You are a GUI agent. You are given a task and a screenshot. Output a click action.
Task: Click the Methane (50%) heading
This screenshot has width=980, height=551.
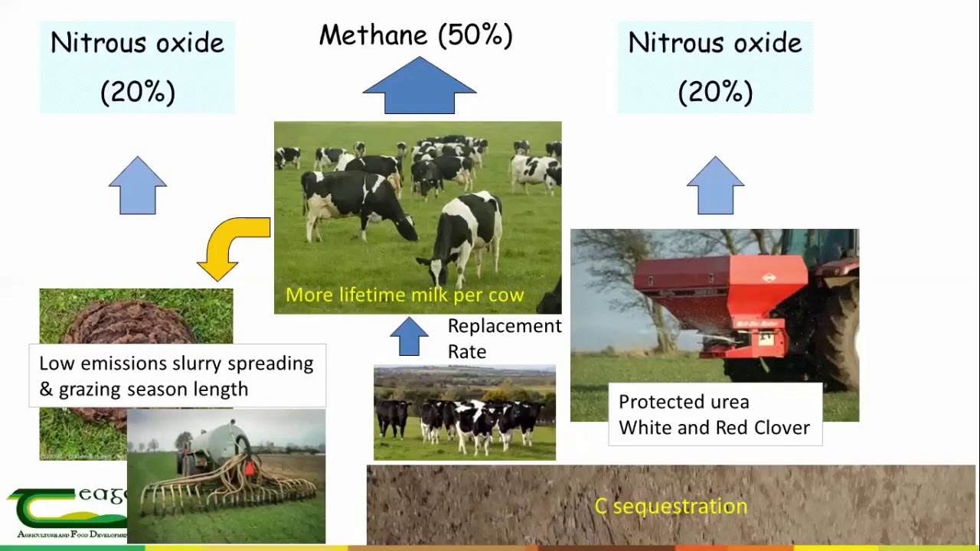pos(416,35)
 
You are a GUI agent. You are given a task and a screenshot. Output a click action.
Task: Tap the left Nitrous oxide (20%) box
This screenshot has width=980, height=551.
pos(138,67)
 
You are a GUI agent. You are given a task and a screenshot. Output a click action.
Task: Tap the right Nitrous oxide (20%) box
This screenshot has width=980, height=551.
pos(715,67)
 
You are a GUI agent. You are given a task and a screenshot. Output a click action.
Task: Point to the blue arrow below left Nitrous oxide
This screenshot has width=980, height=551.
pos(138,186)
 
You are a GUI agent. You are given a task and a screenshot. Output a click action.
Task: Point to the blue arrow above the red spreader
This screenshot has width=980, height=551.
pos(715,186)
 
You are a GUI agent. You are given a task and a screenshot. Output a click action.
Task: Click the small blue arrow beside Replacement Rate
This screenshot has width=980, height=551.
pos(409,337)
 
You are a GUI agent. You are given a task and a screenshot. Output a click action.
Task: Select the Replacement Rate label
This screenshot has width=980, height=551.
pos(504,338)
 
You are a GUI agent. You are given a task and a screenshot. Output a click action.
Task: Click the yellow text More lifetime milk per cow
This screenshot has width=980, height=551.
pos(404,295)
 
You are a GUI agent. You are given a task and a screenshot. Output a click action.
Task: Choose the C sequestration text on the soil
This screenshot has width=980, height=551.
pos(671,506)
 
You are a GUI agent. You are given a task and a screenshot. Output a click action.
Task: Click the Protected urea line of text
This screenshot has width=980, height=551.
pos(684,402)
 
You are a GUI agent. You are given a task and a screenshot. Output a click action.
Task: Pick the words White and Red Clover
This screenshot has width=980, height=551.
pos(714,428)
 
